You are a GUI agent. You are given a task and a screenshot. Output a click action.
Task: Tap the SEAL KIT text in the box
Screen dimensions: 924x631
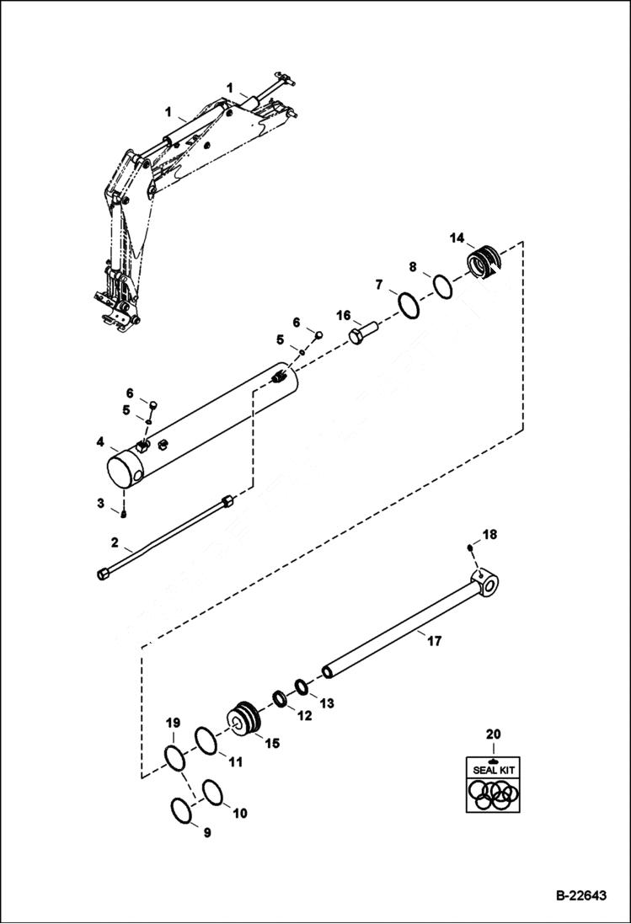click(493, 770)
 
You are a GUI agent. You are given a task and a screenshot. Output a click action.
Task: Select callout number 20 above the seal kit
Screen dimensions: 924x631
click(493, 734)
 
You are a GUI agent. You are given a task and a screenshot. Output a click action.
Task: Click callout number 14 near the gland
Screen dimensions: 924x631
click(456, 238)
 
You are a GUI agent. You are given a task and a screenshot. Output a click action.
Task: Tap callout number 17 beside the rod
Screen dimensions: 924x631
click(434, 642)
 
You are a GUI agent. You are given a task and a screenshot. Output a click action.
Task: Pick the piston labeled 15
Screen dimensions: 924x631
click(245, 720)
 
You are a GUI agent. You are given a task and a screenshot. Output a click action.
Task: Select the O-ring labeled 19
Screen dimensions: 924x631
click(174, 757)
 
